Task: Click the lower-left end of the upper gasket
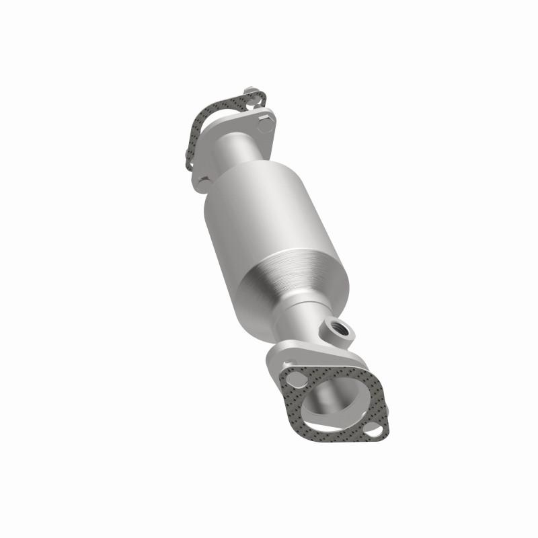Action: pyautogui.click(x=192, y=161)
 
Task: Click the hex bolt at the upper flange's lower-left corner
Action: pyautogui.click(x=204, y=181)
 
